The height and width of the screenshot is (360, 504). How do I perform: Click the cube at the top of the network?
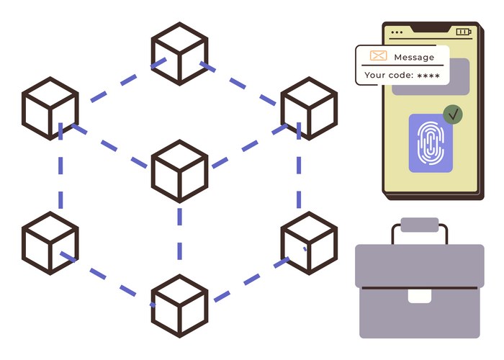pyautogui.click(x=179, y=53)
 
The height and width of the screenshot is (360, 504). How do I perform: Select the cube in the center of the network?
pyautogui.click(x=179, y=171)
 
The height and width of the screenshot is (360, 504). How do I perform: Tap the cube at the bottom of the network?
pyautogui.click(x=179, y=305)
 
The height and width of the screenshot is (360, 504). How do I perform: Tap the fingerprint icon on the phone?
pyautogui.click(x=431, y=143)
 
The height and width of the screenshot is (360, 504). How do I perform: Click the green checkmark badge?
pyautogui.click(x=453, y=114)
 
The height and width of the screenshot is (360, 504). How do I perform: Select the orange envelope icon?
pyautogui.click(x=378, y=56)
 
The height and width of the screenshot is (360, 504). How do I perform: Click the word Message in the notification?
pyautogui.click(x=414, y=57)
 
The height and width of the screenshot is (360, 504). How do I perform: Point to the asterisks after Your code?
pyautogui.click(x=428, y=75)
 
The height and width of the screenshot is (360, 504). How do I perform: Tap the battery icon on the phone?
pyautogui.click(x=462, y=32)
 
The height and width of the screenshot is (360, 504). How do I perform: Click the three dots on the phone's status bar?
pyautogui.click(x=397, y=32)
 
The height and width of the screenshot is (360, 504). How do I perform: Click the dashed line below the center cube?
pyautogui.click(x=179, y=238)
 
